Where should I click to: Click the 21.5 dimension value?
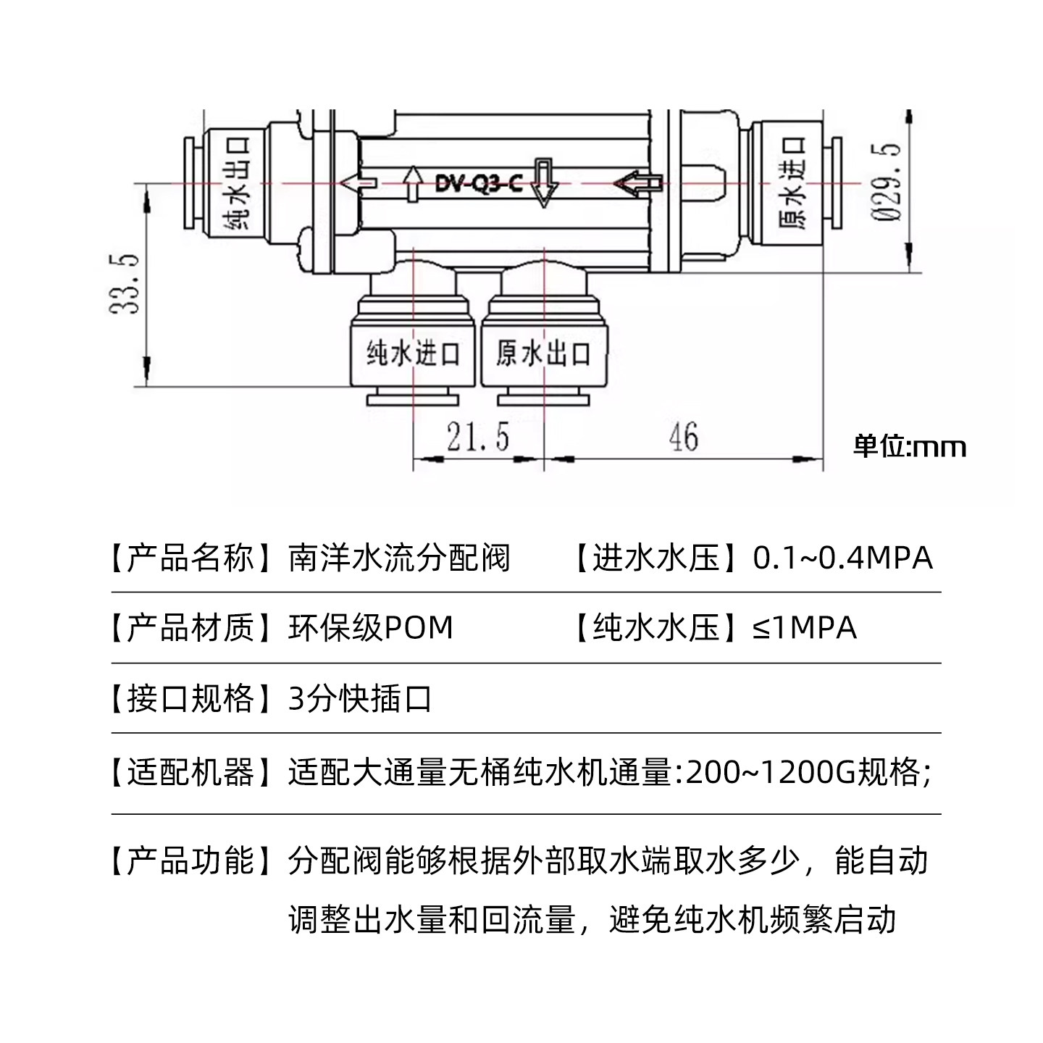click(x=477, y=437)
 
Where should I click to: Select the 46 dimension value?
click(x=683, y=437)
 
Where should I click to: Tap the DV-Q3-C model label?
click(x=479, y=183)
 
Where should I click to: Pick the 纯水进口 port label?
click(x=413, y=353)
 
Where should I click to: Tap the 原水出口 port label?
click(x=543, y=353)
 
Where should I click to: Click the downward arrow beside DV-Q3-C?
click(x=543, y=184)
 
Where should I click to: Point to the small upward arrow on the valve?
click(x=413, y=184)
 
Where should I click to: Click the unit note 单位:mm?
click(x=910, y=445)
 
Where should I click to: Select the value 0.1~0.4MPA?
click(x=842, y=558)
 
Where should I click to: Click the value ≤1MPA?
click(x=804, y=627)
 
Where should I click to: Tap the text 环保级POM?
click(x=370, y=627)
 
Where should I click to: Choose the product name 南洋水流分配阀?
click(x=399, y=558)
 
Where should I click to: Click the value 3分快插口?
click(x=360, y=699)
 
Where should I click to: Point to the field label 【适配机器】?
click(x=190, y=773)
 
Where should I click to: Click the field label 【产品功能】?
click(x=190, y=860)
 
